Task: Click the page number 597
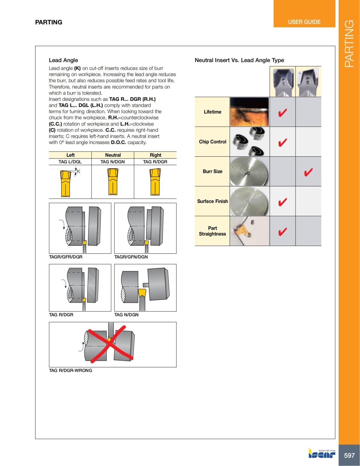(349, 455)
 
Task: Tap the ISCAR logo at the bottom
(322, 453)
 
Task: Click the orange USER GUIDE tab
(304, 22)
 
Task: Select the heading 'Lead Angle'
(63, 60)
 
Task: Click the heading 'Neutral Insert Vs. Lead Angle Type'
(239, 60)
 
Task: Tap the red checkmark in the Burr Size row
(308, 172)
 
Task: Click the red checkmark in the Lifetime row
(282, 113)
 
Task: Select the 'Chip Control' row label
(212, 142)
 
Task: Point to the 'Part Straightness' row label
(212, 231)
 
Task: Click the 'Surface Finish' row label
(212, 201)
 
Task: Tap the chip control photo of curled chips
(249, 142)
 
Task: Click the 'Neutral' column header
(113, 155)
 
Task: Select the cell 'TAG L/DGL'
(70, 162)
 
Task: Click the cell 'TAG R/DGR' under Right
(155, 162)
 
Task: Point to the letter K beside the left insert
(79, 171)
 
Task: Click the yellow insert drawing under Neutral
(112, 182)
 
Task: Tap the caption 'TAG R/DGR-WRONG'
(70, 370)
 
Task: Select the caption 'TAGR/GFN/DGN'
(131, 257)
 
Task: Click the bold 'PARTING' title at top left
(49, 22)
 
